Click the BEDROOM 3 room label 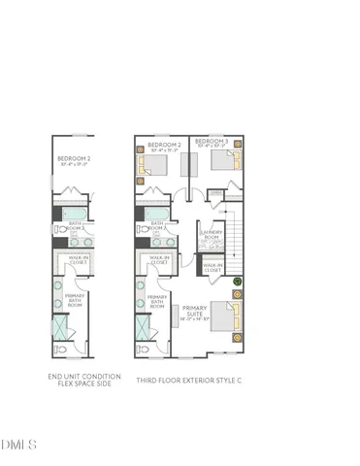pyautogui.click(x=211, y=142)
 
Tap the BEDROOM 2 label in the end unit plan pyautogui.click(x=74, y=158)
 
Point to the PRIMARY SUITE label pyautogui.click(x=195, y=312)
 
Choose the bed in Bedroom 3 pyautogui.click(x=225, y=161)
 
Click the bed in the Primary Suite pyautogui.click(x=223, y=318)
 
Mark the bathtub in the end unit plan pyautogui.click(x=74, y=215)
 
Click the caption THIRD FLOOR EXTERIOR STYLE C pyautogui.click(x=188, y=381)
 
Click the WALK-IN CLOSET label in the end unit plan pyautogui.click(x=79, y=260)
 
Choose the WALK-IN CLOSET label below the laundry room pyautogui.click(x=213, y=264)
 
